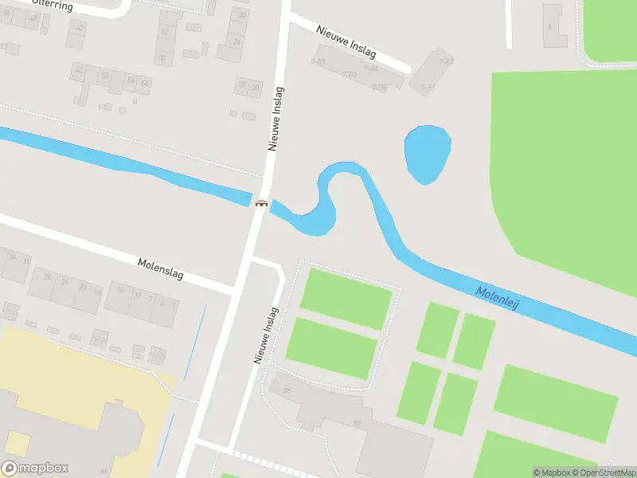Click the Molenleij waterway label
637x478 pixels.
point(498,299)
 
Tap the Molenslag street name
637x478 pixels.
point(160,268)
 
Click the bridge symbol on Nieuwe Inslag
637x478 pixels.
point(260,203)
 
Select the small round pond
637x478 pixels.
point(428,155)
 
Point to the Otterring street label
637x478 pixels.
point(53,6)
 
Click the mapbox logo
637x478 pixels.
point(35,468)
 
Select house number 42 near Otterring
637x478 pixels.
point(79,27)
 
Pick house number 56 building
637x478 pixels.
point(144,83)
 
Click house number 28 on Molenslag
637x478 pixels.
point(47,277)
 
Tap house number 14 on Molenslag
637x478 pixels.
point(120,291)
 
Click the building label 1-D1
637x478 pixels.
point(318,61)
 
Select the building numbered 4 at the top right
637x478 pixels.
point(549,26)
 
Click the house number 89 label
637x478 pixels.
point(358,423)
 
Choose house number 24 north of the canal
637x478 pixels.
point(236,41)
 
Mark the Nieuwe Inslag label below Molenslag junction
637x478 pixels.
point(266,335)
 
